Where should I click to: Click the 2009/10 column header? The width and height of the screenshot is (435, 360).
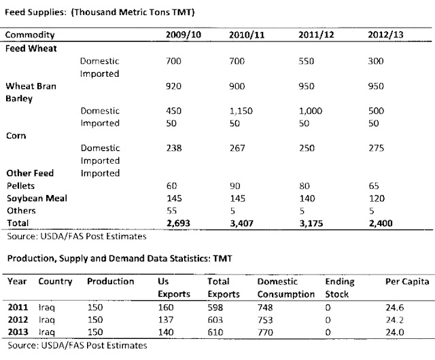[x=180, y=34]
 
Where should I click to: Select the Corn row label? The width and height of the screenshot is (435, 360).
[x=16, y=135]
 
